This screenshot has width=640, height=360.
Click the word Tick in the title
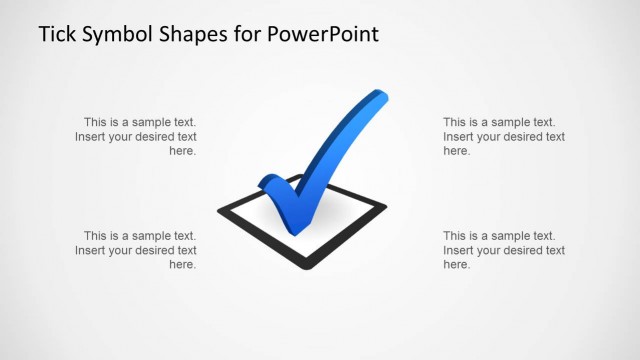pos(57,35)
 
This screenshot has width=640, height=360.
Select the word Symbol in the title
pos(116,36)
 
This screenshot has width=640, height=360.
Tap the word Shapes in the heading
pos(195,36)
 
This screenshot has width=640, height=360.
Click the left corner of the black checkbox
pos(221,211)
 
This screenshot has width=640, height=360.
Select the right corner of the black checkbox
pos(383,206)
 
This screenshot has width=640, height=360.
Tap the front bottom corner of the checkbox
pos(302,266)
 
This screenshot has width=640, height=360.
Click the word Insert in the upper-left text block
pos(92,136)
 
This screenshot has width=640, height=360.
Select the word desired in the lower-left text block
pos(150,250)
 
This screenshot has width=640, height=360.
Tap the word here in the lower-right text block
pos(456,265)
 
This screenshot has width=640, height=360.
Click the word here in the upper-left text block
pos(182,151)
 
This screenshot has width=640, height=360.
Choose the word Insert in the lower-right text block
pos(460,250)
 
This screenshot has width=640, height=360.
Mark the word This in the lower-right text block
pos(457,235)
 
